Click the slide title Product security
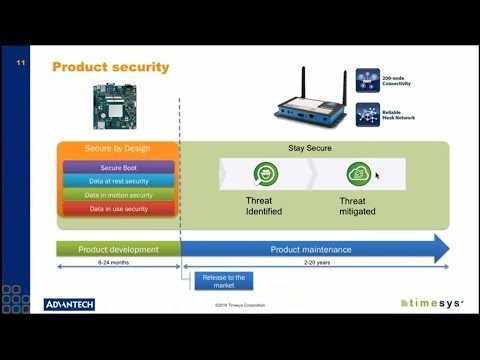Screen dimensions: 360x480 [110, 67]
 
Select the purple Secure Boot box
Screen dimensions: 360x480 [118, 168]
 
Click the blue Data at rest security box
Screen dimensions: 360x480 [118, 181]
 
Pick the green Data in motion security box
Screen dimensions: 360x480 [118, 195]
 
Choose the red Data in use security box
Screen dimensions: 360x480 [118, 209]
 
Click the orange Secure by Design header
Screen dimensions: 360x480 [118, 149]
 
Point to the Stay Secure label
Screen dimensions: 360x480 [311, 149]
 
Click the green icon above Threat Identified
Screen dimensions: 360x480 [265, 173]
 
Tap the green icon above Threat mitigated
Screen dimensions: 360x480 [358, 173]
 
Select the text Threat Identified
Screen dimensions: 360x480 [264, 206]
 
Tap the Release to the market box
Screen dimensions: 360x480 [223, 282]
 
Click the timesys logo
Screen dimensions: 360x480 [430, 303]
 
